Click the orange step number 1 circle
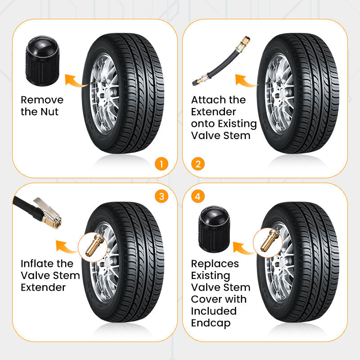pyautogui.click(x=161, y=163)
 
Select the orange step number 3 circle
pyautogui.click(x=161, y=197)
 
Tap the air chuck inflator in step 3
pyautogui.click(x=40, y=214)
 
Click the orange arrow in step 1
pyautogui.click(x=75, y=80)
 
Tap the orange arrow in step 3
pyautogui.click(x=66, y=246)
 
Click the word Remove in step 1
pyautogui.click(x=42, y=100)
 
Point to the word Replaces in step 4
pyautogui.click(x=215, y=264)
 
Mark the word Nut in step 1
pyautogui.click(x=50, y=112)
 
